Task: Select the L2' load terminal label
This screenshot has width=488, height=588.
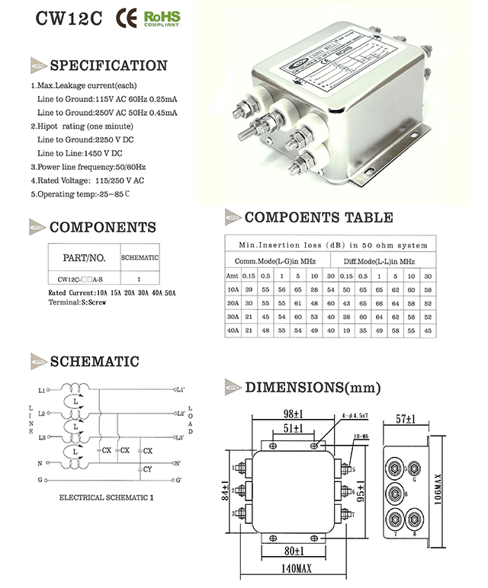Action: (x=180, y=414)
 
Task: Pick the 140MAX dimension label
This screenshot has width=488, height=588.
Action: (x=297, y=568)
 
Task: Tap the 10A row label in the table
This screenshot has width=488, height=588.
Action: (x=233, y=289)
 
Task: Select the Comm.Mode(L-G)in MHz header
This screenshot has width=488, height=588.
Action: (x=276, y=261)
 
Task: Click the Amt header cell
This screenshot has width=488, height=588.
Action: (x=233, y=276)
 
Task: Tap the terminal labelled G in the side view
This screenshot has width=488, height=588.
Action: (x=414, y=481)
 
